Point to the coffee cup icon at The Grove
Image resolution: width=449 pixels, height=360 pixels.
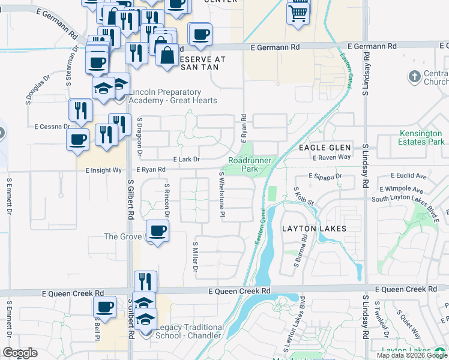[x=157, y=231]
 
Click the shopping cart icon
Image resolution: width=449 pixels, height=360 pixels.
[x=298, y=12]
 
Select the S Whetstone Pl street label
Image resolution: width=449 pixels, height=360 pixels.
[x=221, y=194]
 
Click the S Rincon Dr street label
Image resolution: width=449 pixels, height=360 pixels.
[x=167, y=200]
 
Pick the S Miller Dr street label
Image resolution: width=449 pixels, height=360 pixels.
[x=195, y=257]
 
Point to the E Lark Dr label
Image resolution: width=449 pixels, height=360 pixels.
[x=186, y=160]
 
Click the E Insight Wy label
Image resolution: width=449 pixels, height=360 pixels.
[x=106, y=170]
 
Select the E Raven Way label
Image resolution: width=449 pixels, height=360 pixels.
[x=331, y=157]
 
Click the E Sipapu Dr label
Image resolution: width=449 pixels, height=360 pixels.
[x=325, y=177]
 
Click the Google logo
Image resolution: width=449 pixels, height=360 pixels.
[x=20, y=353]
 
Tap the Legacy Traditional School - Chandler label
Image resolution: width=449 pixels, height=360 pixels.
[x=190, y=331]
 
